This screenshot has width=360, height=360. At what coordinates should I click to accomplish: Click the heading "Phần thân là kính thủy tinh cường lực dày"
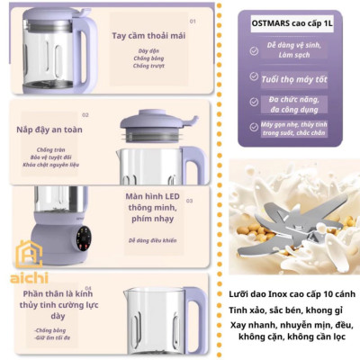[58, 306]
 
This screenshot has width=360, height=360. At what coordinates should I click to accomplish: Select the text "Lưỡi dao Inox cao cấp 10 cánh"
[286, 294]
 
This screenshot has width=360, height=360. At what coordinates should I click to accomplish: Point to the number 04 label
[87, 287]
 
